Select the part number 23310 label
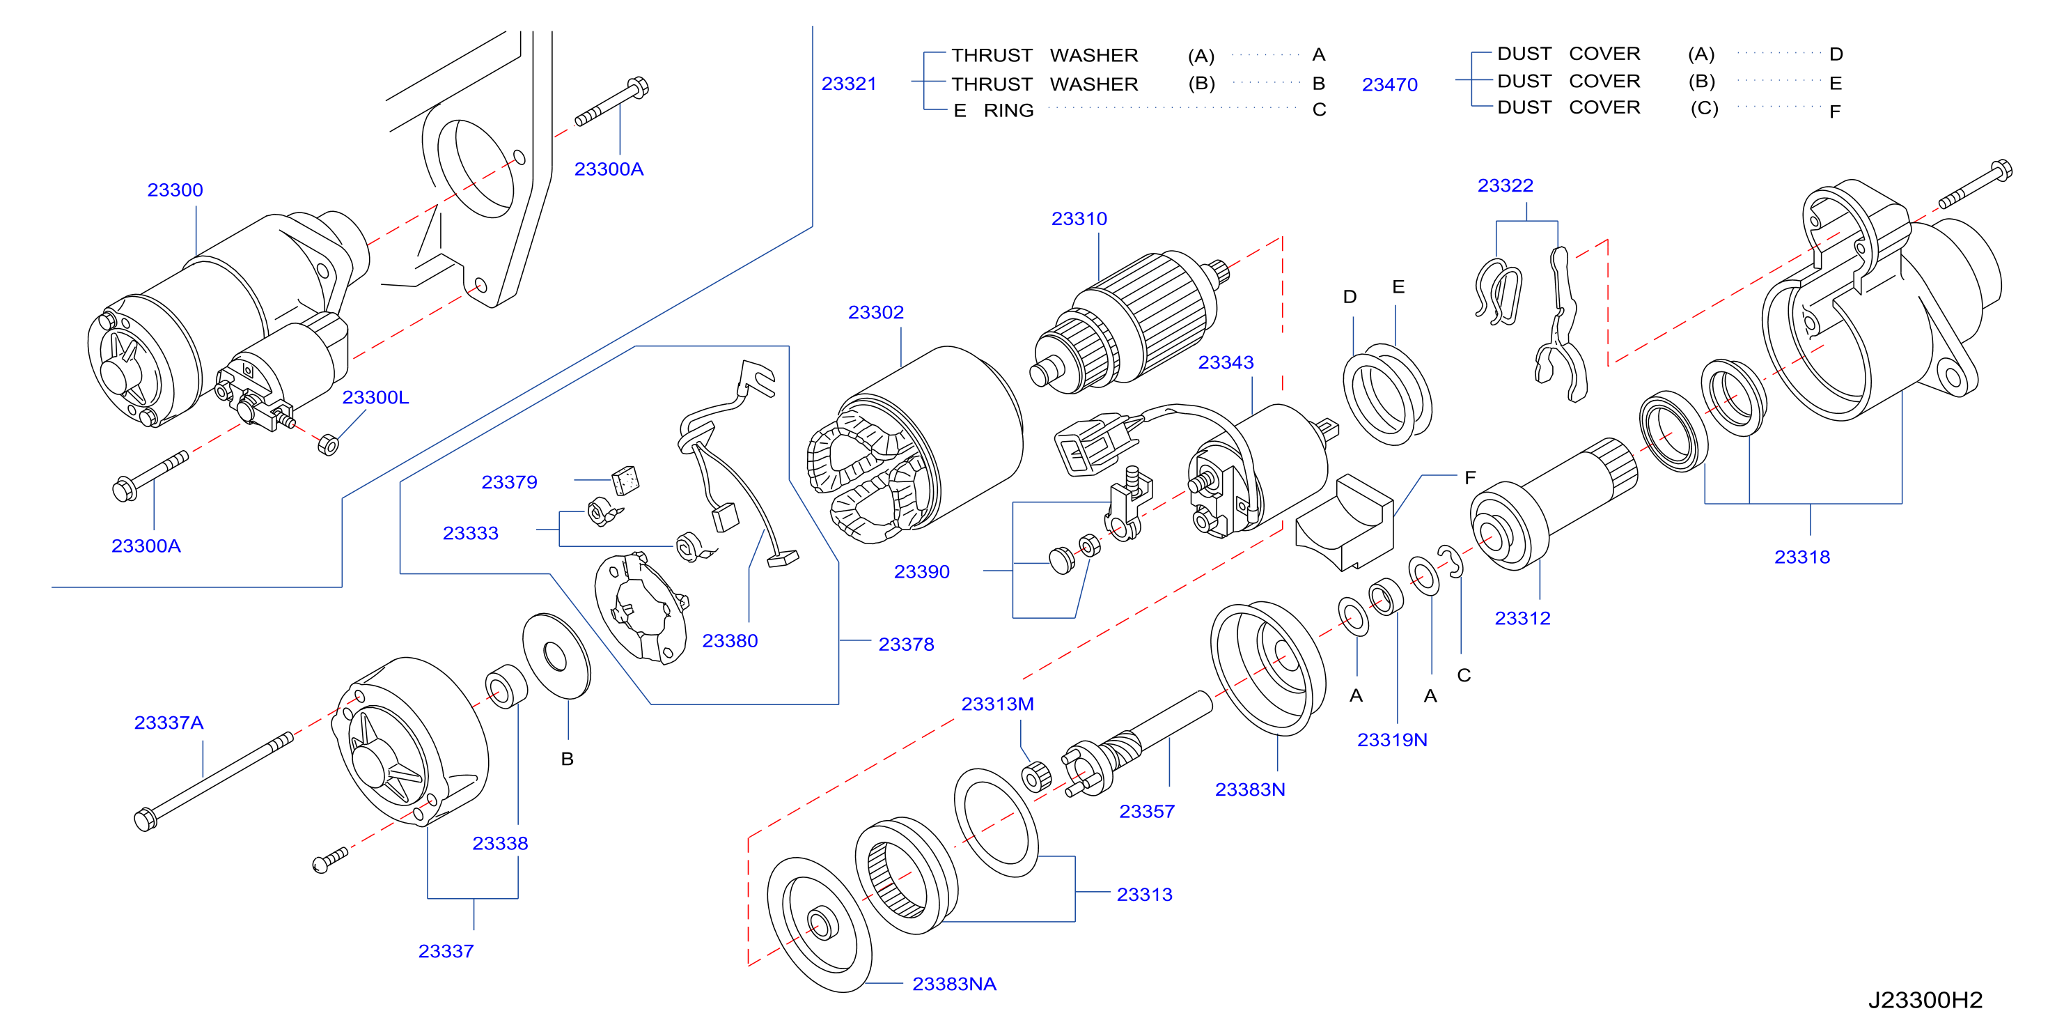coord(1079,219)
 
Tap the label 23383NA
coord(953,985)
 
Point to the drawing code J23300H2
coord(1925,1001)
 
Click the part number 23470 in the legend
coord(1389,84)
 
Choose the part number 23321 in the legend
coord(849,84)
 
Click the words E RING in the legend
coord(994,111)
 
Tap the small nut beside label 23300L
coord(328,444)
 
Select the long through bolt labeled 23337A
coord(212,782)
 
